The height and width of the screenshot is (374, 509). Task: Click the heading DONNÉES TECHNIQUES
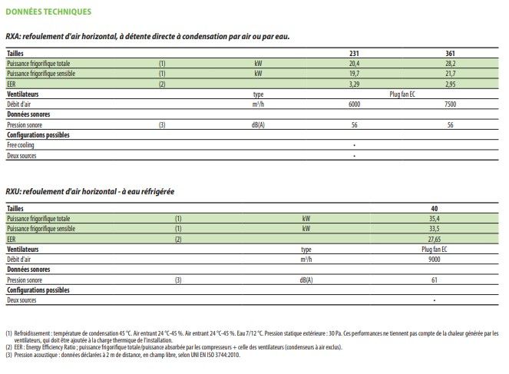(x=48, y=12)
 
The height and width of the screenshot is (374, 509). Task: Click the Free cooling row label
(x=21, y=144)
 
